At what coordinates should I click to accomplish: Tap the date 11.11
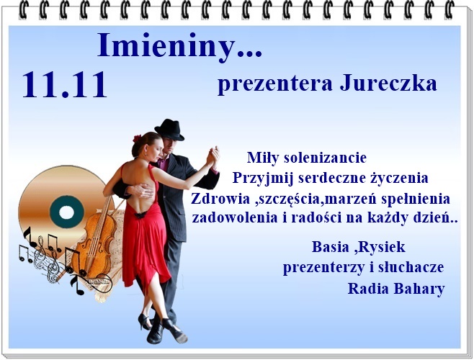pyautogui.click(x=64, y=85)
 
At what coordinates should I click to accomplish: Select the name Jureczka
pyautogui.click(x=388, y=83)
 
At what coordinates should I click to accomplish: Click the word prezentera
pyautogui.click(x=274, y=85)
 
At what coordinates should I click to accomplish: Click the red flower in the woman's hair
pyautogui.click(x=137, y=139)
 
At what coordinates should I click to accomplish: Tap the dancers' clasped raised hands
pyautogui.click(x=213, y=156)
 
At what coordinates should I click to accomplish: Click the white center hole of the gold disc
pyautogui.click(x=66, y=212)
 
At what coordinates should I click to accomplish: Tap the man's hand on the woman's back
pyautogui.click(x=141, y=191)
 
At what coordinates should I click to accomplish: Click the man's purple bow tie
pyautogui.click(x=163, y=161)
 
